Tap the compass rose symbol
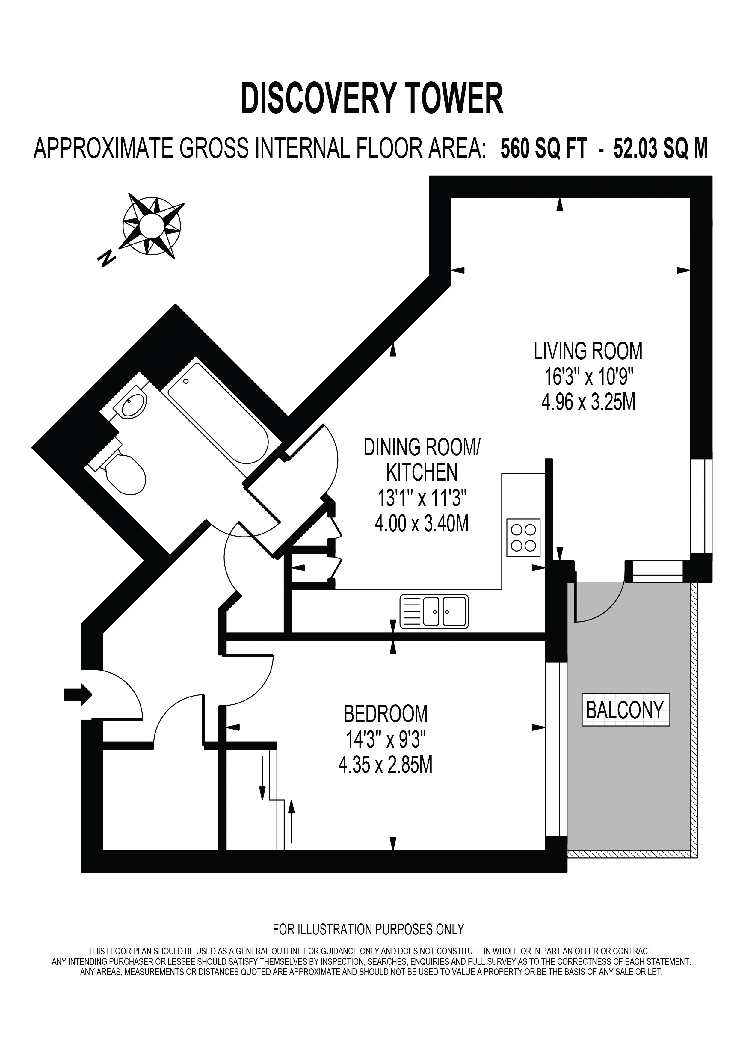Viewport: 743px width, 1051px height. pyautogui.click(x=152, y=225)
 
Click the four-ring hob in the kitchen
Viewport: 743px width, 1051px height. pyautogui.click(x=523, y=537)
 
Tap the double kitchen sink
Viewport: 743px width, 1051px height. pyautogui.click(x=434, y=611)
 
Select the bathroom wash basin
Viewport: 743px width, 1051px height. pyautogui.click(x=132, y=402)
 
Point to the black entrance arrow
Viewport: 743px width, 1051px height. pyautogui.click(x=78, y=695)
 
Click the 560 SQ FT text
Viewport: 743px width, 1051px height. pyautogui.click(x=543, y=149)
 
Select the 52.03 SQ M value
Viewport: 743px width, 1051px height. pyautogui.click(x=661, y=149)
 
